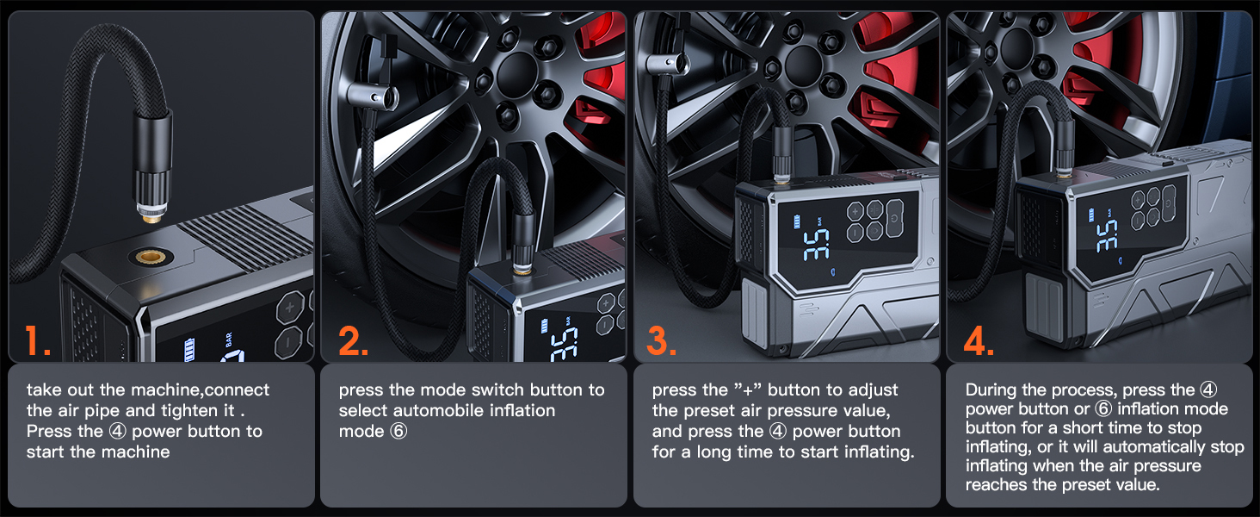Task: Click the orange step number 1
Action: point(37,340)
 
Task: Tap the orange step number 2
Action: point(353,340)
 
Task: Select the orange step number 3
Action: point(662,340)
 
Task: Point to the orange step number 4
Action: point(979,340)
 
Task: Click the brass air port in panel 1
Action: point(151,258)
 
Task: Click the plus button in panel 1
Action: point(290,308)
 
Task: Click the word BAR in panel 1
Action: point(228,339)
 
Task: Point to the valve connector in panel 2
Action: point(374,96)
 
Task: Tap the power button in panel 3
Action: point(894,218)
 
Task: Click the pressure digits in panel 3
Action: point(816,245)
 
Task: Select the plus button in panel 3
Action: point(855,211)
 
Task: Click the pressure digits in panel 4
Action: point(1107,235)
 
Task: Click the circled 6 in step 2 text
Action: point(398,432)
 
